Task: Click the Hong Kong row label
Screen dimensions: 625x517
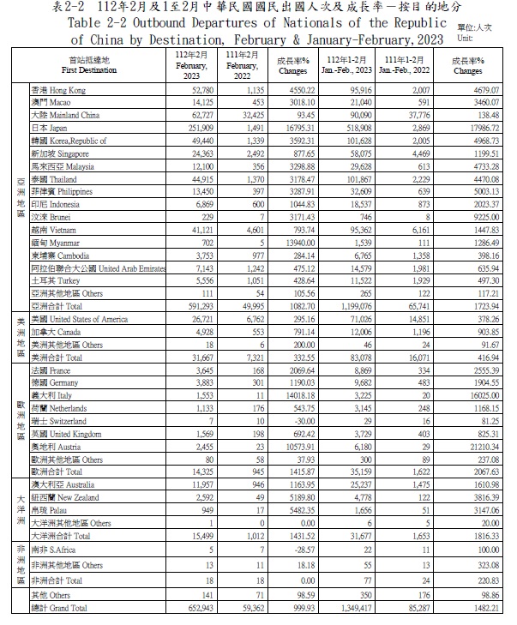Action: click(x=58, y=89)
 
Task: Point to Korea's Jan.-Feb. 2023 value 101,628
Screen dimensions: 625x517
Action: click(x=368, y=140)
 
